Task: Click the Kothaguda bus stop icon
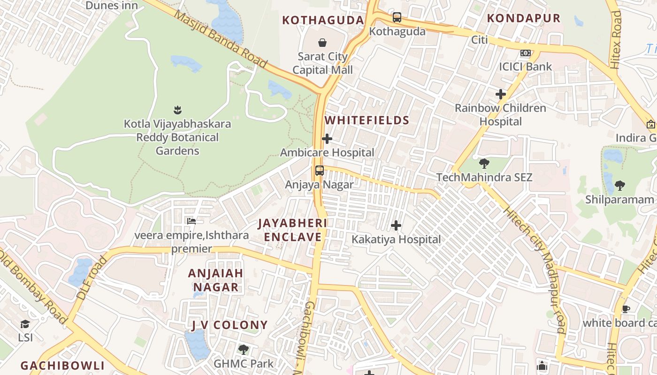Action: pyautogui.click(x=397, y=18)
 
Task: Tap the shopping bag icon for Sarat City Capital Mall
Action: pyautogui.click(x=322, y=43)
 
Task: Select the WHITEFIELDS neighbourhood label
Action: pyautogui.click(x=367, y=120)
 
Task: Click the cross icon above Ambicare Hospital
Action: pyautogui.click(x=327, y=139)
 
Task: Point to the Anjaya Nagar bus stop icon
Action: pyautogui.click(x=320, y=171)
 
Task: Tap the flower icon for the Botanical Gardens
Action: pyautogui.click(x=177, y=110)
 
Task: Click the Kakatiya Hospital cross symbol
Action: pyautogui.click(x=396, y=225)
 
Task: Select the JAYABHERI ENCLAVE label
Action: pyautogui.click(x=293, y=230)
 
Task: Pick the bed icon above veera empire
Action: pyautogui.click(x=191, y=221)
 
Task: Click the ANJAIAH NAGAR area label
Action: pyautogui.click(x=216, y=280)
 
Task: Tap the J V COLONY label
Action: pyautogui.click(x=229, y=325)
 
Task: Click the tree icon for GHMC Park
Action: pyautogui.click(x=243, y=349)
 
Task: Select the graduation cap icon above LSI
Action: pyautogui.click(x=25, y=324)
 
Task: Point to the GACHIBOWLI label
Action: pyautogui.click(x=62, y=366)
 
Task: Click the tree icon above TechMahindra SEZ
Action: pyautogui.click(x=484, y=164)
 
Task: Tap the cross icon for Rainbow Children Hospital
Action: pyautogui.click(x=501, y=94)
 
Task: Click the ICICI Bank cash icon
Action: pyautogui.click(x=526, y=53)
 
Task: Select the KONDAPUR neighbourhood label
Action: pyautogui.click(x=524, y=18)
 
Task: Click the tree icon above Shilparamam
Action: pyautogui.click(x=619, y=185)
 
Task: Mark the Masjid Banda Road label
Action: pyautogui.click(x=221, y=40)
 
